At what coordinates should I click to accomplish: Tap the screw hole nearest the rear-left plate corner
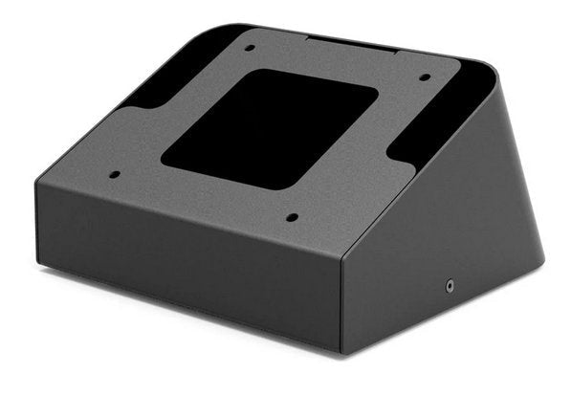tap(248, 47)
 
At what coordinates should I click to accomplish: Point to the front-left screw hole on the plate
tap(115, 175)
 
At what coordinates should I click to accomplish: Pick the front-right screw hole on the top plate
tap(292, 217)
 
